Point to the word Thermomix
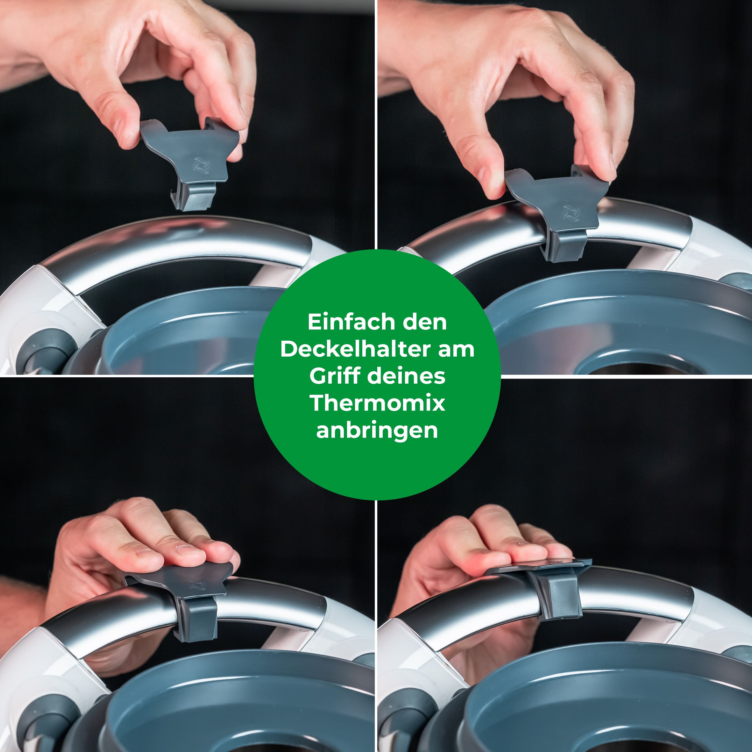377,403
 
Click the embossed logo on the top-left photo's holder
201,166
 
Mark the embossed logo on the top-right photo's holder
571,213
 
